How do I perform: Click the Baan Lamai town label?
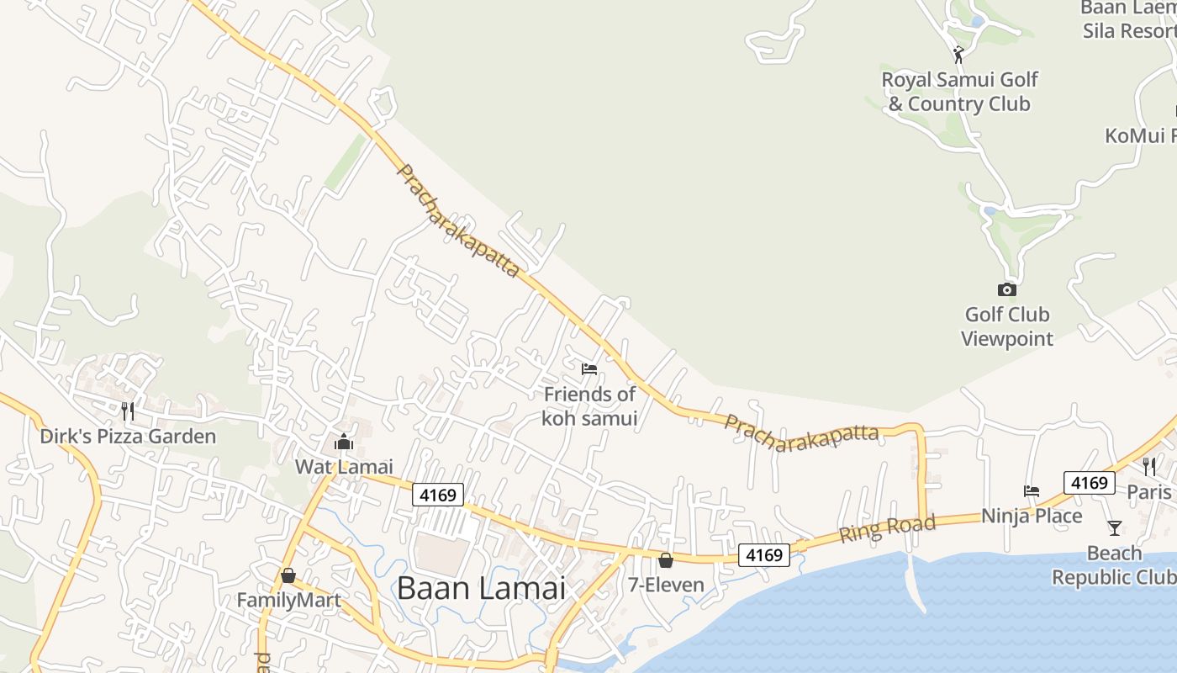481,588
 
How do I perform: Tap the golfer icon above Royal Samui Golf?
958,55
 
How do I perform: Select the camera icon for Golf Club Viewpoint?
1006,289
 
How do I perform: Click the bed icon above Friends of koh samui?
589,369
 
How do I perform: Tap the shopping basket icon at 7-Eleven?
666,559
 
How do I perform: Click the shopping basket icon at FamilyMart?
288,575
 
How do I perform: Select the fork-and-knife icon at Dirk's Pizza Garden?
128,411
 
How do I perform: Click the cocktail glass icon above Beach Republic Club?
1114,528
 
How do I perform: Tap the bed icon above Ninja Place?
1032,491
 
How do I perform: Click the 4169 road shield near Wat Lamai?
438,495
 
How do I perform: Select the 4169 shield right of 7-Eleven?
764,555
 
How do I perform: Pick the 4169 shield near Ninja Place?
1089,483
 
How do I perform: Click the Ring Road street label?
887,528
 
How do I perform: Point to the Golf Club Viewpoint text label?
1007,326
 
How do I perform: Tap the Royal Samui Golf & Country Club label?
959,92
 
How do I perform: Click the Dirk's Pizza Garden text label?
128,437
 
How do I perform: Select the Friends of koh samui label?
589,405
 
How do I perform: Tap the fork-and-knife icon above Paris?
1148,467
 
